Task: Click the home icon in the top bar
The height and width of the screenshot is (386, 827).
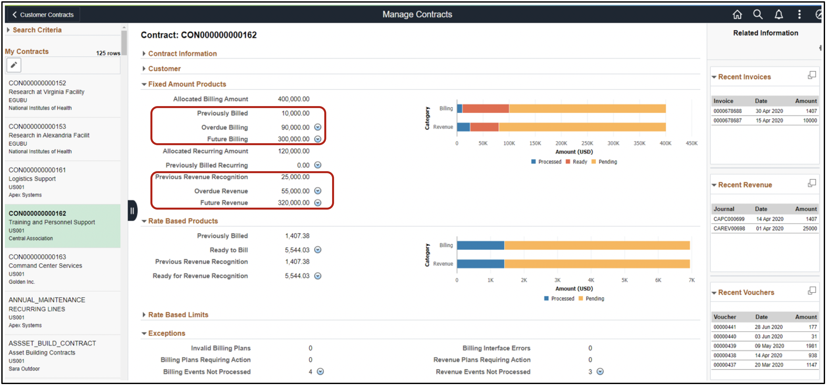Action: point(737,14)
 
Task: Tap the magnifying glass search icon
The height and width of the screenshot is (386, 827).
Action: point(758,14)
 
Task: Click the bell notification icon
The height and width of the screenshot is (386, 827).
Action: point(778,14)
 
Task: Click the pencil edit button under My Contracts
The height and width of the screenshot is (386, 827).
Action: point(14,65)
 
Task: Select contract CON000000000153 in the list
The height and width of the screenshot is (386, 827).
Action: point(37,126)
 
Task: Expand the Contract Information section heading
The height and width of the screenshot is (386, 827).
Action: point(182,54)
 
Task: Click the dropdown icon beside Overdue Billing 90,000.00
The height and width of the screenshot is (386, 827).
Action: point(317,127)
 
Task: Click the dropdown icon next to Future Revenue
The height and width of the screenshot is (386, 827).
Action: point(317,203)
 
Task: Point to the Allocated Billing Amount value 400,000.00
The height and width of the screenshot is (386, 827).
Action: point(293,99)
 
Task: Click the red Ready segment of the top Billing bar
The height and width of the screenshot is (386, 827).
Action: point(485,108)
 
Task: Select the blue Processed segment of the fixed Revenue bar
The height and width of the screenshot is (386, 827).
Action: point(463,127)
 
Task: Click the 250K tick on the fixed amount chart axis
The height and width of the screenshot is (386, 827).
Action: point(587,143)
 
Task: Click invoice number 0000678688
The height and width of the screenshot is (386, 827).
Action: point(727,111)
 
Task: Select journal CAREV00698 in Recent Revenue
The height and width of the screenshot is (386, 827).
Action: point(729,228)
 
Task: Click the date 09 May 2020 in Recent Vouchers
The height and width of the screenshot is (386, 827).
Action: point(769,346)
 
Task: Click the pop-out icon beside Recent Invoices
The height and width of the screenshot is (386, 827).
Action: point(811,76)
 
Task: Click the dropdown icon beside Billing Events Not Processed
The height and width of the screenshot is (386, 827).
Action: point(320,371)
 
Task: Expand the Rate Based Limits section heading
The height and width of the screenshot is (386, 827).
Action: point(178,315)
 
